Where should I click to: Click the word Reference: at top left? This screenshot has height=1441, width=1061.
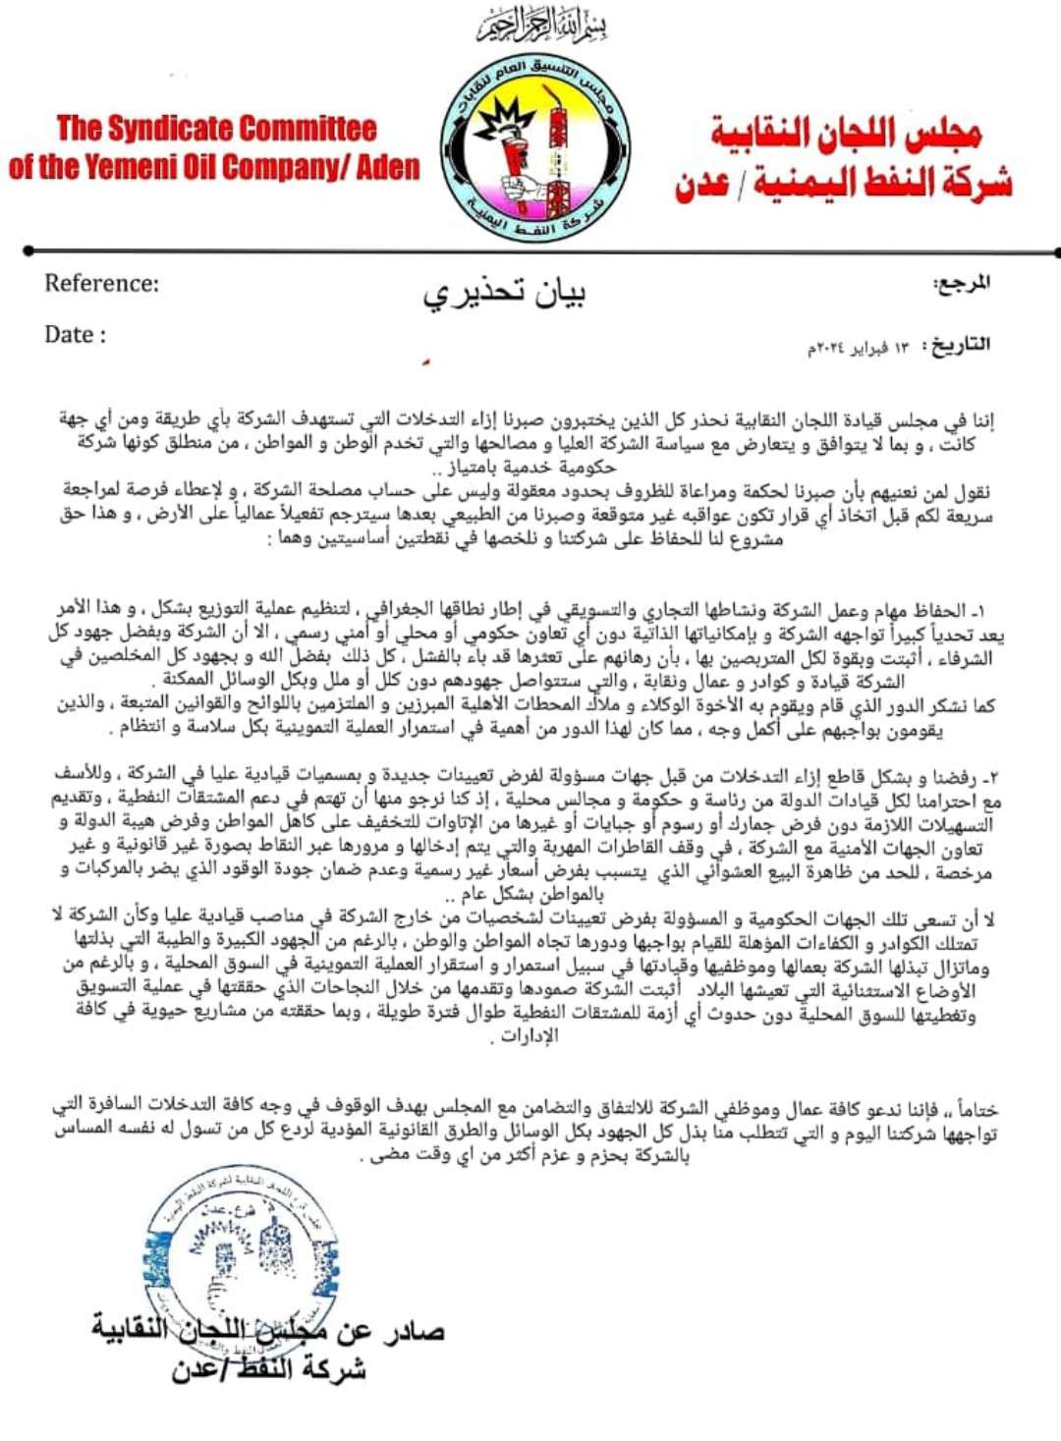(x=101, y=284)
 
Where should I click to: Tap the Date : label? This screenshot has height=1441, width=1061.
(x=75, y=335)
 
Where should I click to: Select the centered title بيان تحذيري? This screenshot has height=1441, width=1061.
(x=504, y=293)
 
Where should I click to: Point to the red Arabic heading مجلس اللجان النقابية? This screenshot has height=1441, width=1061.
(x=846, y=134)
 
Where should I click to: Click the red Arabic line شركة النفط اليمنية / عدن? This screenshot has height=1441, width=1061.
(x=843, y=184)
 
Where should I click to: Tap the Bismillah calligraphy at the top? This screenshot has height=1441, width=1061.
(x=541, y=25)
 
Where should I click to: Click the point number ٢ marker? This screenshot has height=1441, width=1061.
(x=988, y=778)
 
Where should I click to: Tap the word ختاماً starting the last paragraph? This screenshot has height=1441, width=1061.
(x=975, y=1110)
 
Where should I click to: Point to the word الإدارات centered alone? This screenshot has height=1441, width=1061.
(x=530, y=1035)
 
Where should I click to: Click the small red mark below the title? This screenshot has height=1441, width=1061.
(x=425, y=363)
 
